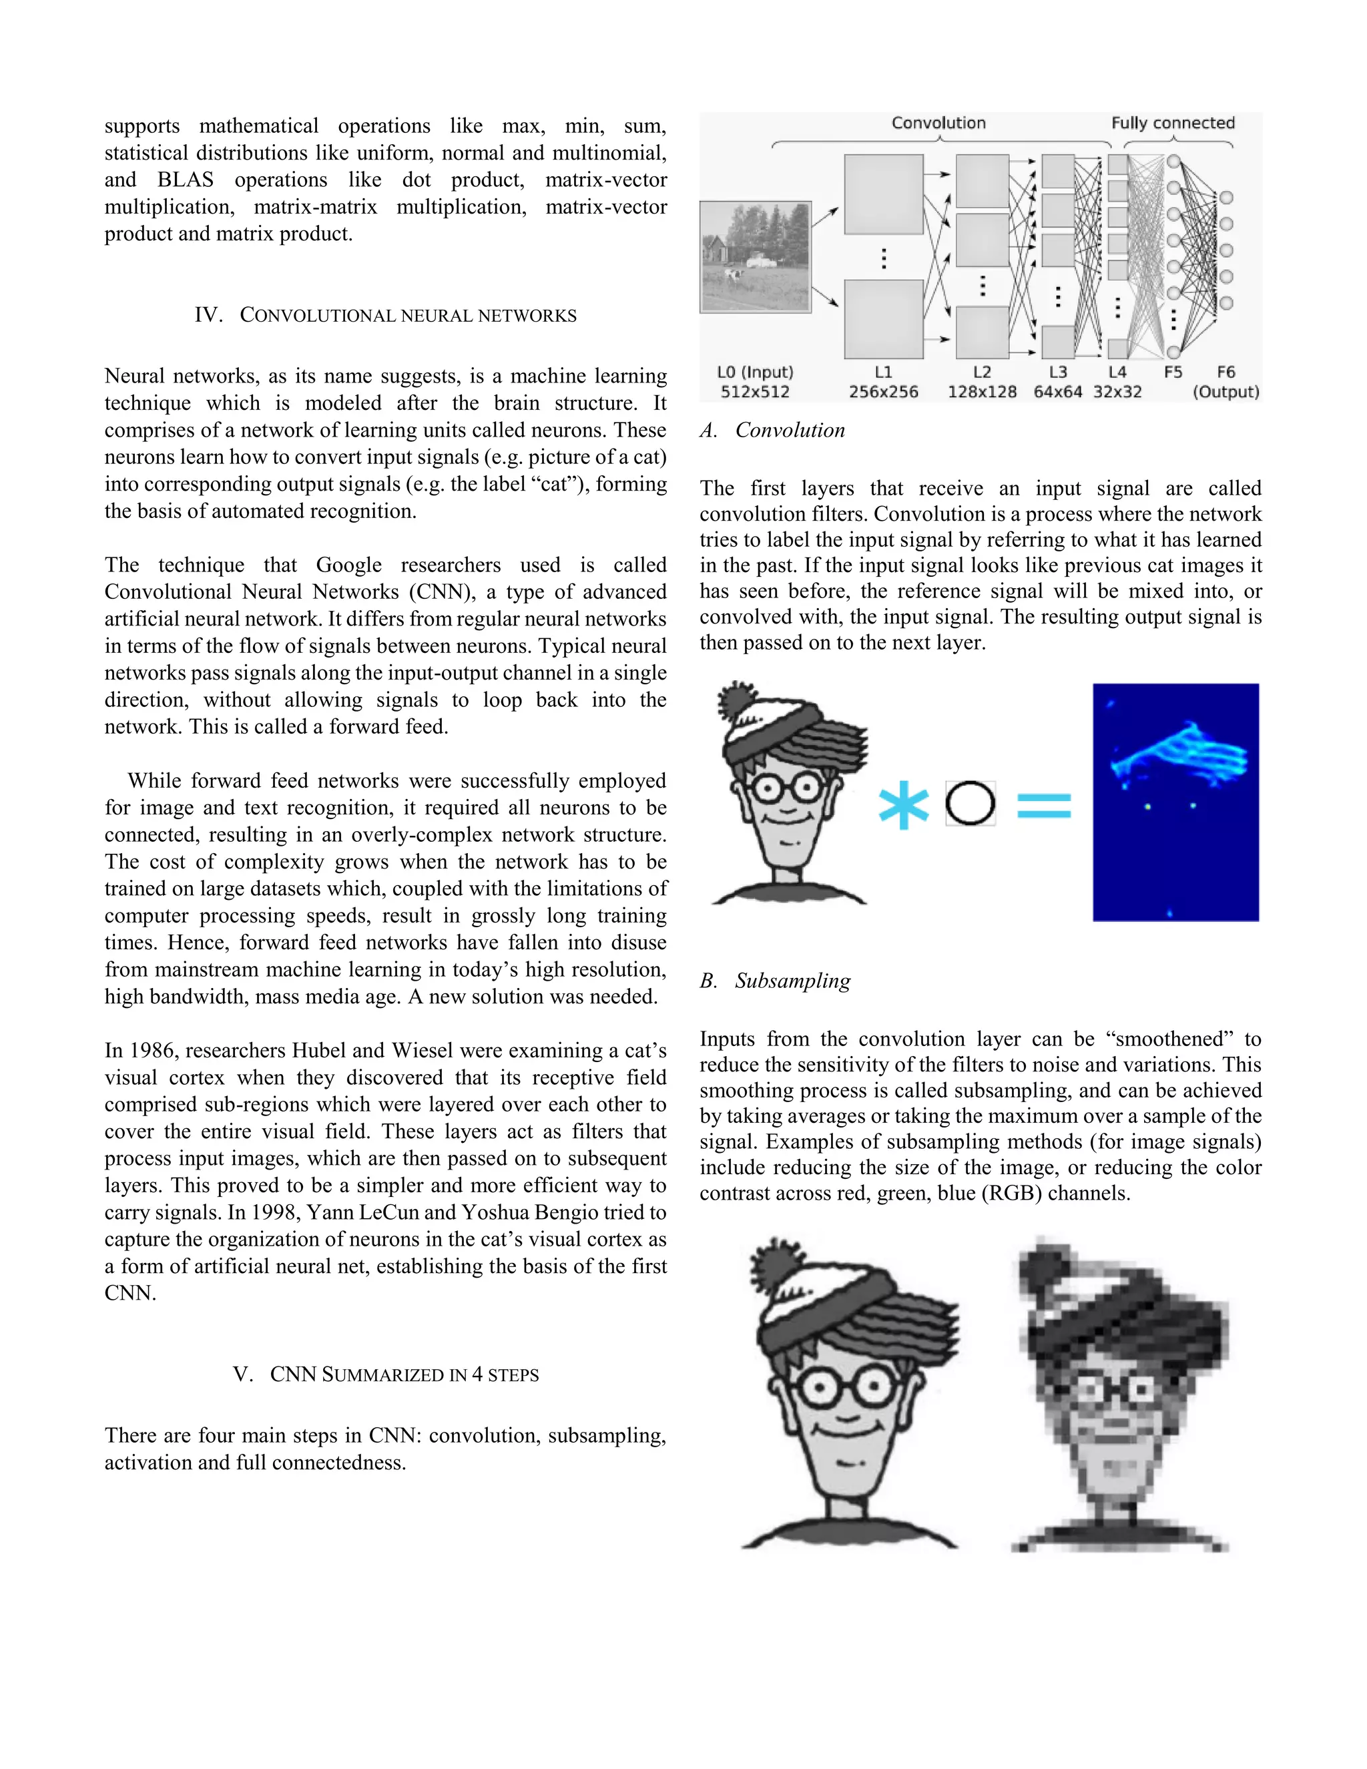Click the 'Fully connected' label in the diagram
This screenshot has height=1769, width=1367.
1172,123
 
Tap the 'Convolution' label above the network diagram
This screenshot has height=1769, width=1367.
938,123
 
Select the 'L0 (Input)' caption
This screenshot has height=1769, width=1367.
755,372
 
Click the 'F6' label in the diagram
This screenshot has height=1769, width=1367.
1225,372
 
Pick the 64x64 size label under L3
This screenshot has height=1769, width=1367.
1058,392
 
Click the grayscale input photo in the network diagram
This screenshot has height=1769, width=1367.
756,257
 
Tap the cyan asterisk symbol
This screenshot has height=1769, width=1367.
903,805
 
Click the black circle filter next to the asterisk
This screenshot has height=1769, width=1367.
970,804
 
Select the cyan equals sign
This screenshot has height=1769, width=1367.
1044,805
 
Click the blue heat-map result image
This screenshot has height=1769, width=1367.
1175,802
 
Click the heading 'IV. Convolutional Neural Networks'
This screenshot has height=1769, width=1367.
386,315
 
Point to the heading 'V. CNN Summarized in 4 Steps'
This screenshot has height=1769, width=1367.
386,1374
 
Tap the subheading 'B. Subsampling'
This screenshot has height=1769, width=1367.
775,981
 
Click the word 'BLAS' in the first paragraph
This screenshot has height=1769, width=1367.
186,180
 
